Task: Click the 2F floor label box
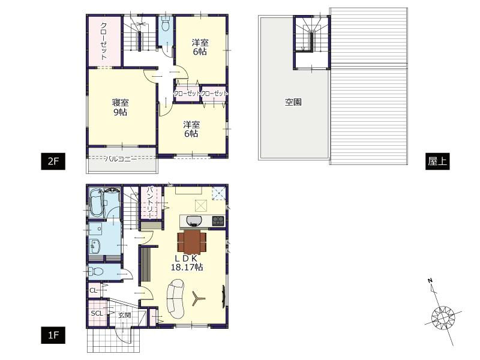[52, 161]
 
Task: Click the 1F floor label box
[52, 335]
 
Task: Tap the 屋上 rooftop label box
[436, 161]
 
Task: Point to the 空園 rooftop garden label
[293, 102]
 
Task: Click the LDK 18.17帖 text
[186, 263]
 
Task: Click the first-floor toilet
[98, 271]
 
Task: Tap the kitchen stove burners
[217, 221]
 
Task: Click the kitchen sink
[196, 220]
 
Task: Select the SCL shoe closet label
[97, 313]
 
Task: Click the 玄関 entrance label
[124, 314]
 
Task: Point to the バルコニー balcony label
[121, 158]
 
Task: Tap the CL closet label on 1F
[93, 290]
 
